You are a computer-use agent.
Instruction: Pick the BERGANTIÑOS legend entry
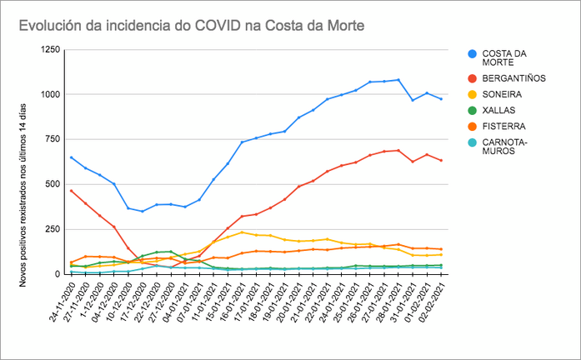tap(513, 77)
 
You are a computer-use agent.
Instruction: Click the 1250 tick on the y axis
tap(49, 50)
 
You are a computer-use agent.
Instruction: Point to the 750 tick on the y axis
tap(53, 139)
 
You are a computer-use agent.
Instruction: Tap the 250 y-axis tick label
tap(53, 228)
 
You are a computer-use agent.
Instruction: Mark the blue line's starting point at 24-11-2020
tap(71, 157)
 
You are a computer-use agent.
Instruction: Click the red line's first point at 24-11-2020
tap(71, 190)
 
